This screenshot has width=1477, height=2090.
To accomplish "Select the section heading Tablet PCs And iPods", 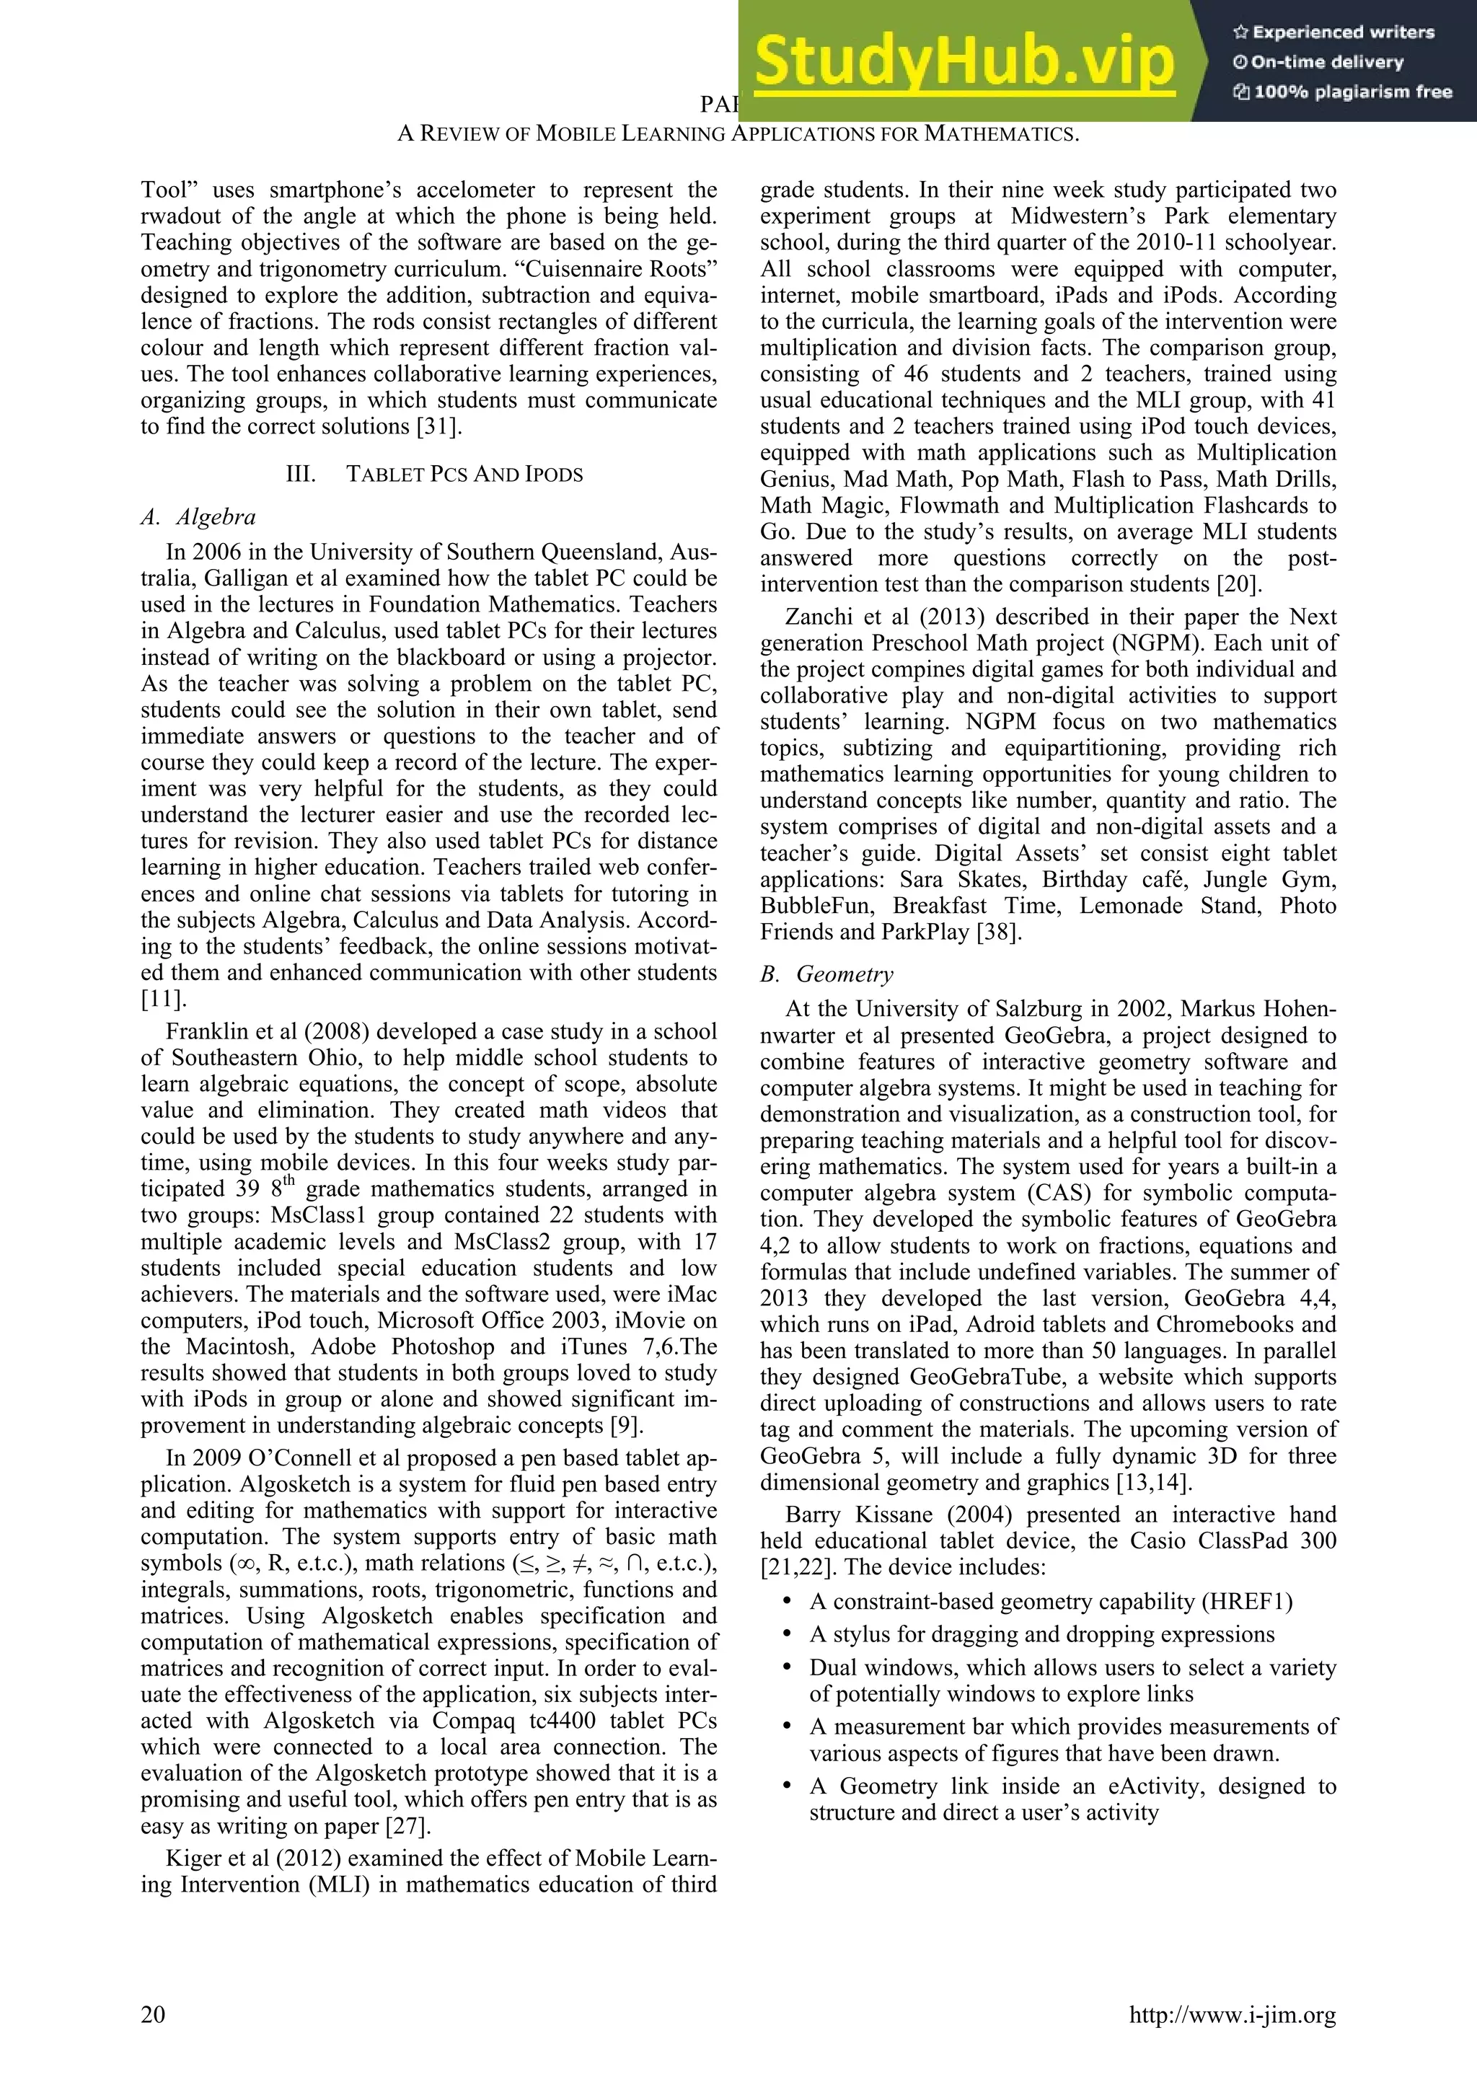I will click(464, 475).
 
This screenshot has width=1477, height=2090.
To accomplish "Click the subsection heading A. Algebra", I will click(198, 517).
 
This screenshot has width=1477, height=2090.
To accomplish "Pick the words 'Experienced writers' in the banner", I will click(1342, 32).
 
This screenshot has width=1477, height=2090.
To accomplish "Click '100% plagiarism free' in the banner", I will click(1352, 92).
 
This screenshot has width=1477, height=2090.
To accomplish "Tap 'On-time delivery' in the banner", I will click(1326, 63).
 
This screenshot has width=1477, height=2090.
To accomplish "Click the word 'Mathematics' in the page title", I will click(1001, 134).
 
